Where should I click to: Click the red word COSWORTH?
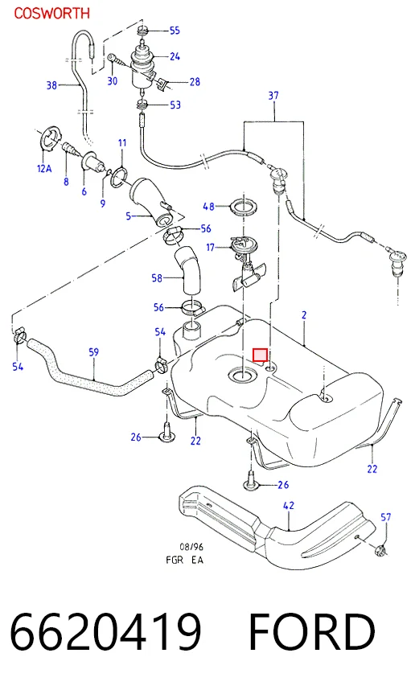point(52,13)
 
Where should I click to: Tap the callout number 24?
point(175,56)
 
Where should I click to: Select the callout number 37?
point(273,96)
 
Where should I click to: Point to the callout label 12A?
point(44,169)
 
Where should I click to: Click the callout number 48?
point(208,207)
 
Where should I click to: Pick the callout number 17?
point(211,248)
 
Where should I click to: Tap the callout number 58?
point(157,278)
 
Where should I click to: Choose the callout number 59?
point(94,352)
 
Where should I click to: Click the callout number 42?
point(288,506)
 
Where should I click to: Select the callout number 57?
point(385,517)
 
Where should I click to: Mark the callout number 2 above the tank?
point(304,315)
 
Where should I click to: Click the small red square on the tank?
point(260,355)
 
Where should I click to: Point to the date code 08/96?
point(191,547)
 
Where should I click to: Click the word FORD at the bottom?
point(312,632)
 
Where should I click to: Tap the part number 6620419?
point(105,632)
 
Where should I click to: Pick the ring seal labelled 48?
point(243,207)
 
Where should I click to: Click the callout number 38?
point(52,85)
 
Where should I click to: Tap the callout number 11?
point(122,143)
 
